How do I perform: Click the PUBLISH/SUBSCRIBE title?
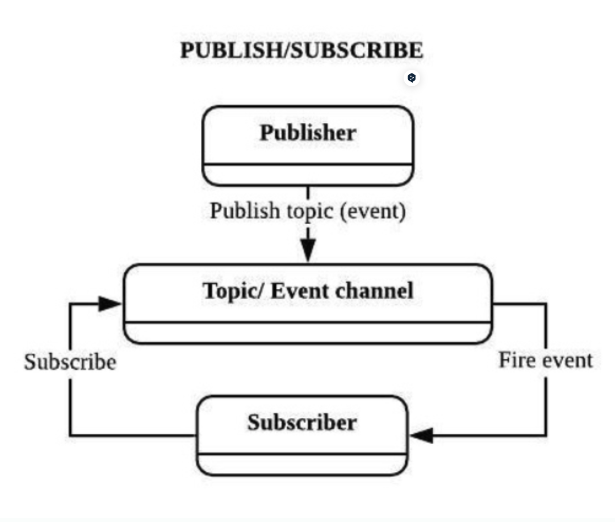coord(302,51)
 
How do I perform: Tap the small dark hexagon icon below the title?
coord(412,78)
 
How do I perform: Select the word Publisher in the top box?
coord(307,133)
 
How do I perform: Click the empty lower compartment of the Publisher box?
coord(307,175)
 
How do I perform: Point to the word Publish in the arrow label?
coord(245,211)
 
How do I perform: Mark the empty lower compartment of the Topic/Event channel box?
coord(307,333)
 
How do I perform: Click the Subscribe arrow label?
coord(70,363)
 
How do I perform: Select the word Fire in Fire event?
coord(516,361)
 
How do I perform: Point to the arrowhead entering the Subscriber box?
coord(422,436)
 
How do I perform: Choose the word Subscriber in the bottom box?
coord(302,423)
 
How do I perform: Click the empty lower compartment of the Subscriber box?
coord(302,464)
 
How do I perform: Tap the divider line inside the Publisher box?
coord(307,164)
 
